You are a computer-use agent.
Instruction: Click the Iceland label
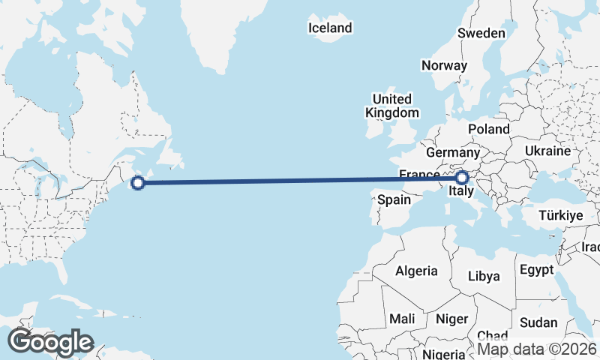330,28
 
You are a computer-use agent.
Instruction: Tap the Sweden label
481,33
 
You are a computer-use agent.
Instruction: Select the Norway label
444,65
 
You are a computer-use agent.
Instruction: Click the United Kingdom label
391,106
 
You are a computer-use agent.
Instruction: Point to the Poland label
489,129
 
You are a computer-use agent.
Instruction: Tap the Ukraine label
548,151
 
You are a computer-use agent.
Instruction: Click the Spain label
394,199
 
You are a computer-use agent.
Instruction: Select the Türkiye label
561,215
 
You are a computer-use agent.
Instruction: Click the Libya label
484,276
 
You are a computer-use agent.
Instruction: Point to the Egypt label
536,269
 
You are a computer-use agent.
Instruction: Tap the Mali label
402,319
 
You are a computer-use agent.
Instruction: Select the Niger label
451,319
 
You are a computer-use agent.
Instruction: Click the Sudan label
538,322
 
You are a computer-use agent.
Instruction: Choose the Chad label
491,337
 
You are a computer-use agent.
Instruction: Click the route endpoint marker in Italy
461,178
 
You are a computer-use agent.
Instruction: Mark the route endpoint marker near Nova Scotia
138,181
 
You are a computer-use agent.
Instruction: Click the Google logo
50,341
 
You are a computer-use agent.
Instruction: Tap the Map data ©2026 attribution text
538,348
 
